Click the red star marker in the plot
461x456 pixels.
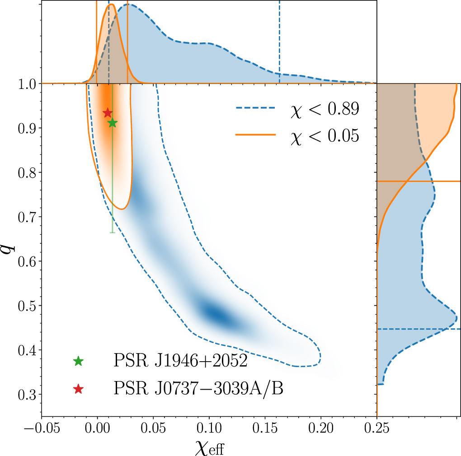(x=108, y=113)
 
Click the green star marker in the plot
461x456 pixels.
(x=112, y=123)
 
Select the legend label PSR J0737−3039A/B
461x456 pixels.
(x=198, y=388)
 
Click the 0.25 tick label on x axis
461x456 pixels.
(x=377, y=428)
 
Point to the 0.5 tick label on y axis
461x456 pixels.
(x=28, y=306)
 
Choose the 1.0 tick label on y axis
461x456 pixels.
(x=28, y=84)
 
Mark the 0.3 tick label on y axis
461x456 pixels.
(x=28, y=395)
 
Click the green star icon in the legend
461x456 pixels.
(x=79, y=361)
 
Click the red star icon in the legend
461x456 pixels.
(x=79, y=388)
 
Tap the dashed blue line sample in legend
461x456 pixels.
(x=255, y=108)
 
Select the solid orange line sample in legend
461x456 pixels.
(x=255, y=135)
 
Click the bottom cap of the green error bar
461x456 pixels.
(x=112, y=233)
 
